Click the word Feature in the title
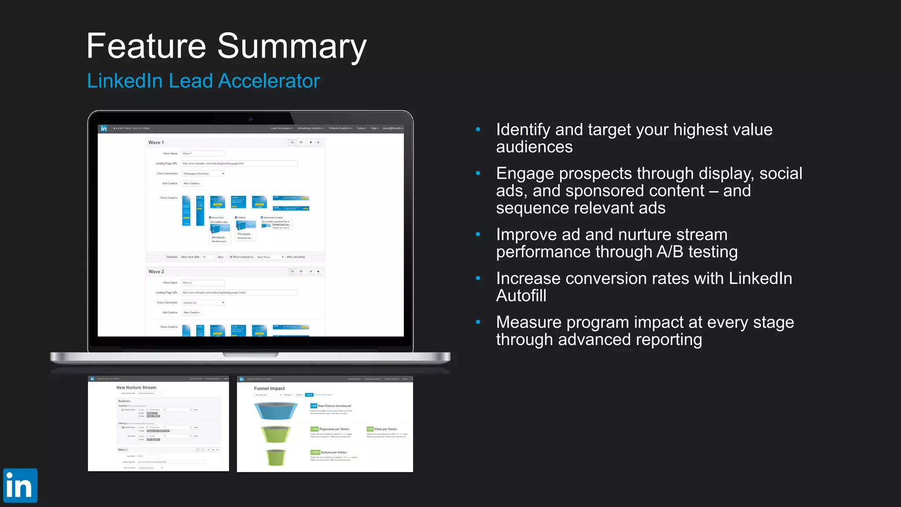146,46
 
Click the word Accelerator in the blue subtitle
269,81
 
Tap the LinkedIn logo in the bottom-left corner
20,485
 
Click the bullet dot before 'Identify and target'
478,129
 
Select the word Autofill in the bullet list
521,296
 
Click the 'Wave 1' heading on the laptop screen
156,143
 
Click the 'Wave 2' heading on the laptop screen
156,272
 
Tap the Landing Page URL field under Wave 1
239,164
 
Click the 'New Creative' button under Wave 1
191,184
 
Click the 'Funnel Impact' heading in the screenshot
269,389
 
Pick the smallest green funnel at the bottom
276,457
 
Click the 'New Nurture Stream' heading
136,388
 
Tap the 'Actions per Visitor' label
333,452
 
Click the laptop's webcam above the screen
250,119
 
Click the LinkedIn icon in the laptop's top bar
104,129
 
